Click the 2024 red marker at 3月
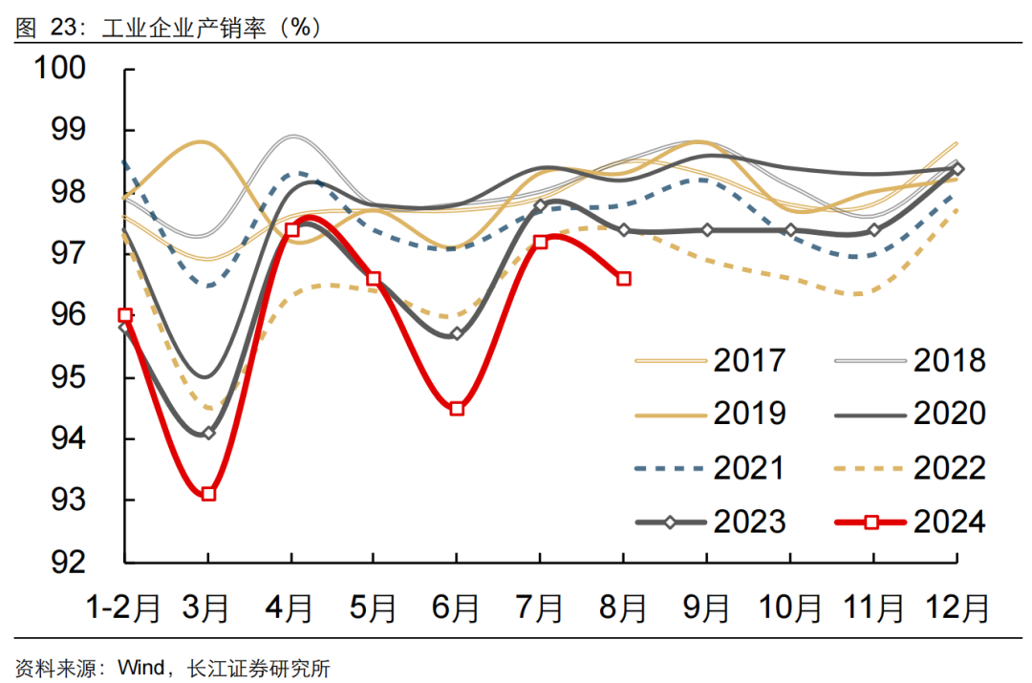(x=208, y=494)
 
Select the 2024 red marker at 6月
(x=457, y=408)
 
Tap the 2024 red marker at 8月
(x=624, y=278)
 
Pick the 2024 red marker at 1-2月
(x=125, y=315)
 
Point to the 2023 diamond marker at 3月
(x=208, y=433)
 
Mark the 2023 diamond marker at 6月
(x=457, y=333)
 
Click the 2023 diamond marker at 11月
(x=873, y=230)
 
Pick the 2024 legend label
(x=950, y=522)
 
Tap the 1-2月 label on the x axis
(x=123, y=607)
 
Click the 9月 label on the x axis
(x=707, y=607)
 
